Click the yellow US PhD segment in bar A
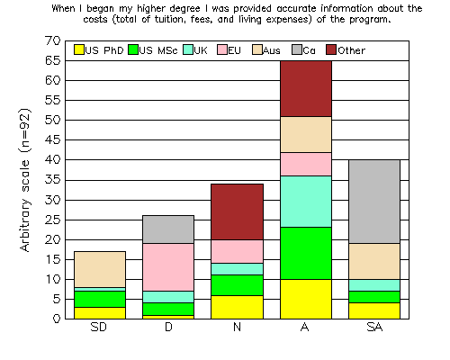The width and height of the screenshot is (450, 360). tap(306, 299)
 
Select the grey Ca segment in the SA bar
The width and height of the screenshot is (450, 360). tap(374, 202)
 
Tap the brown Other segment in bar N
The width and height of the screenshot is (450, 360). tap(237, 211)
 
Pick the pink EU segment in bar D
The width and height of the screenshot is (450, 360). tap(168, 267)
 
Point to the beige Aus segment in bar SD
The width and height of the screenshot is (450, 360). tap(100, 269)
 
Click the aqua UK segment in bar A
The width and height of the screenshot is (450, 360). tap(306, 202)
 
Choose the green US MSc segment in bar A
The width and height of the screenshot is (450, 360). tap(306, 253)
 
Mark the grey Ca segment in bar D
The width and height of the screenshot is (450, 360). tap(168, 229)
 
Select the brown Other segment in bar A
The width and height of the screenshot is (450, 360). tap(306, 89)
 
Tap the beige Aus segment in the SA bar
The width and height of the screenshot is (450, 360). tap(374, 261)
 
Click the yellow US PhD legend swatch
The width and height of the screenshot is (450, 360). tap(79, 49)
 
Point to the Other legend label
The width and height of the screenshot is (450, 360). tap(351, 50)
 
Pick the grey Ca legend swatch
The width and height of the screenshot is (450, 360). tap(297, 49)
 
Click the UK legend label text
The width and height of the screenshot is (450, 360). tap(201, 50)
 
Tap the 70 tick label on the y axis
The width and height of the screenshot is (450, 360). tap(53, 40)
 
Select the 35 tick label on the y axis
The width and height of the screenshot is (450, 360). tap(53, 180)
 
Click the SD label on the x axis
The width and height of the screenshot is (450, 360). tap(99, 327)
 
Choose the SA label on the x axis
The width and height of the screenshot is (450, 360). tap(374, 327)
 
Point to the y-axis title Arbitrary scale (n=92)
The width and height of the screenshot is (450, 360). tap(25, 180)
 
